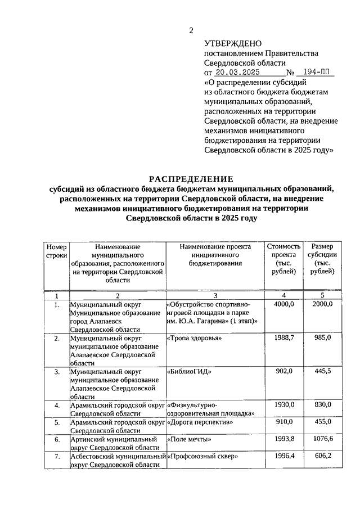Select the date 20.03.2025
[x=238, y=73]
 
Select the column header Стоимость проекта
[x=283, y=259]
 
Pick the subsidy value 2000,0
[x=322, y=304]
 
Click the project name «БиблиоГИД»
[x=188, y=371]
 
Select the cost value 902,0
[x=283, y=371]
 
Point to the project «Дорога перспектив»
[x=200, y=422]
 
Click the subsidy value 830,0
[x=322, y=405]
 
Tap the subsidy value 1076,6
[x=322, y=439]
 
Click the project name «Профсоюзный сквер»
[x=202, y=457]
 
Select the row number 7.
[x=57, y=457]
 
